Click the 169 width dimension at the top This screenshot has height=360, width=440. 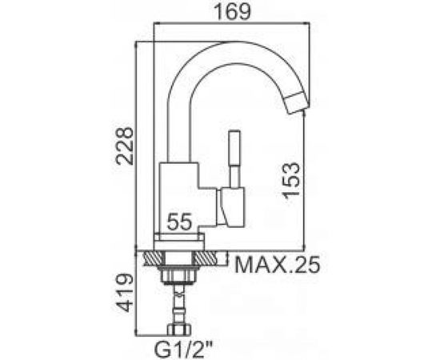point(231,12)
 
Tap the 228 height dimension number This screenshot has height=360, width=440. point(125,146)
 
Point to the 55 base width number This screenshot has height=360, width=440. point(179,221)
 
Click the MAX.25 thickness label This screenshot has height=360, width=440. point(277,265)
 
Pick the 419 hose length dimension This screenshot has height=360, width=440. point(125,293)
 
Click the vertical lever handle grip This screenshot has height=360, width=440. point(234,147)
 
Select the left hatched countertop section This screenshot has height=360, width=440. point(154,258)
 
